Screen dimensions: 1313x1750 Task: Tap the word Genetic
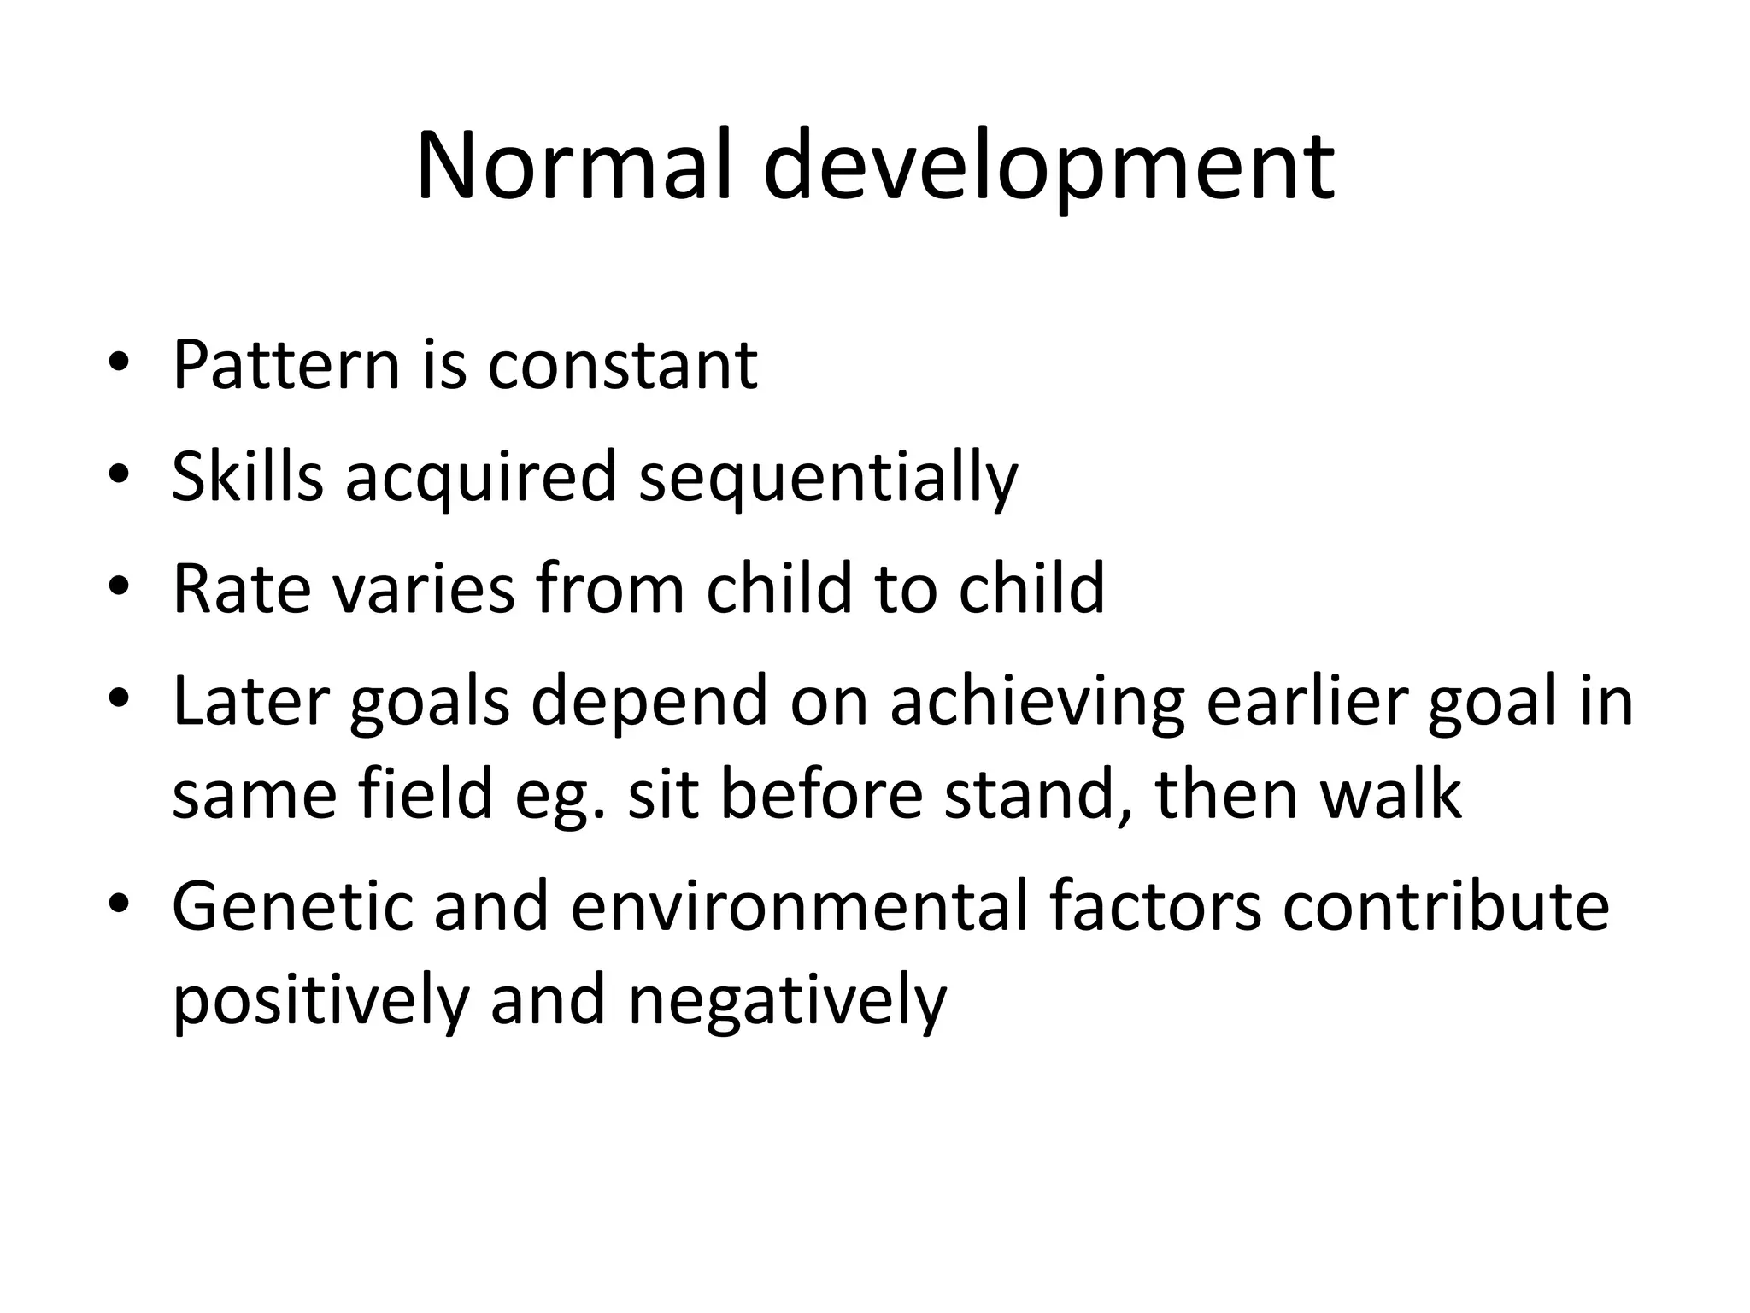292,906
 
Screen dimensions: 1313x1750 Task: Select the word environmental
799,906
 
